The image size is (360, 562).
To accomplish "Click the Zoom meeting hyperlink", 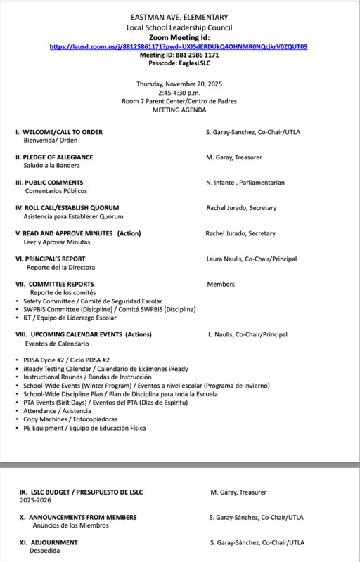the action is coord(178,46).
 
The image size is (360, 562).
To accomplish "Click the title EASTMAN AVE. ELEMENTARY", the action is coord(179,17).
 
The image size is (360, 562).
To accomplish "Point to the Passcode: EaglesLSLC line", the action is coord(179,63).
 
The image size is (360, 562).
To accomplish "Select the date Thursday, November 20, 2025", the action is coord(179,84).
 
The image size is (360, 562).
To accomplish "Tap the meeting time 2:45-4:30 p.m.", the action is coord(179,92).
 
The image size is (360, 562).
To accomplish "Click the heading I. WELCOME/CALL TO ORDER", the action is coord(59,132).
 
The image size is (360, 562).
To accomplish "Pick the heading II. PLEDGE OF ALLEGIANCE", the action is coord(54,157).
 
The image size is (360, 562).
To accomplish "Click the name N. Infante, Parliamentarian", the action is coord(245,183).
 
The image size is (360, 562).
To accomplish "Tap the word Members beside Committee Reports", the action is coord(221,284).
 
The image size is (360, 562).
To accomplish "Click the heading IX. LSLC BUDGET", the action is coord(81,492).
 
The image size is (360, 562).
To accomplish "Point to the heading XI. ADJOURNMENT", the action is coord(49,542).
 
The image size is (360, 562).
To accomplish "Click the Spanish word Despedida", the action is coord(44,551).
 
